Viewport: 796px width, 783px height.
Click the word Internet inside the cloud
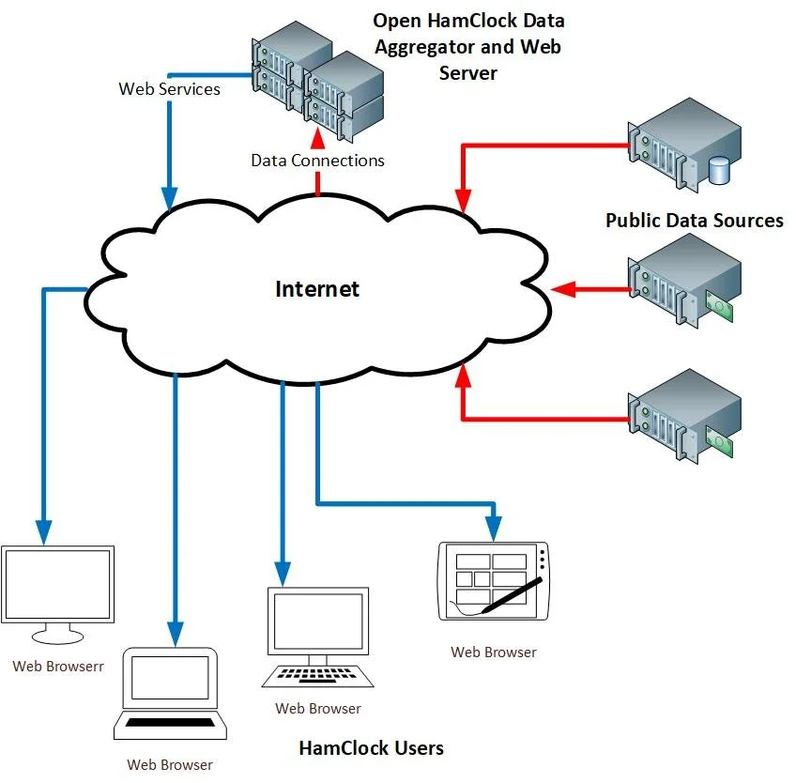(317, 289)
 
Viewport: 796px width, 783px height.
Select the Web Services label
(170, 89)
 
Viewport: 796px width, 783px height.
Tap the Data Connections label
(318, 161)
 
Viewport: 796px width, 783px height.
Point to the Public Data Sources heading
(695, 221)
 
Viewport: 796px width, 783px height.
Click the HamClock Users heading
(371, 748)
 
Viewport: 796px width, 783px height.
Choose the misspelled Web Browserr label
(58, 667)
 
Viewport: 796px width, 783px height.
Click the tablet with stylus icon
(494, 581)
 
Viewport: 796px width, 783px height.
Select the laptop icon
(170, 694)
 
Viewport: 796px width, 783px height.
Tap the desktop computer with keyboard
(318, 637)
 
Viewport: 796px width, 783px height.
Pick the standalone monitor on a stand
(58, 594)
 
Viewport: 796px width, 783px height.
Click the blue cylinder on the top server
(718, 171)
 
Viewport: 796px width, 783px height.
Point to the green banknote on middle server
(719, 306)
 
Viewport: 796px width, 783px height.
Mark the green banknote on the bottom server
(719, 441)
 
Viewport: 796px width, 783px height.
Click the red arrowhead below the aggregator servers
(318, 138)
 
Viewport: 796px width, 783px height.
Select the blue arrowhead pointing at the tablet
(494, 529)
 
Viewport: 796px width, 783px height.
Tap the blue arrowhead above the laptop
(176, 635)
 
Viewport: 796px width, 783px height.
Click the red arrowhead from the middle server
(563, 289)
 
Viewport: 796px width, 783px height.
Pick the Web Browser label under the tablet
(494, 652)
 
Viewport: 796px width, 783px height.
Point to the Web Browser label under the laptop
(170, 765)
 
